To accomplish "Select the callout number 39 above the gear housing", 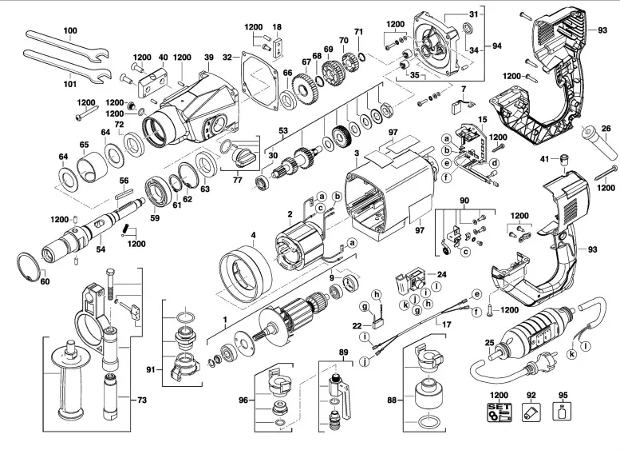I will (x=209, y=58).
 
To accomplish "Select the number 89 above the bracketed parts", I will (x=343, y=352).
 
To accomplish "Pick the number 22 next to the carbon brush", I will (x=357, y=325).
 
